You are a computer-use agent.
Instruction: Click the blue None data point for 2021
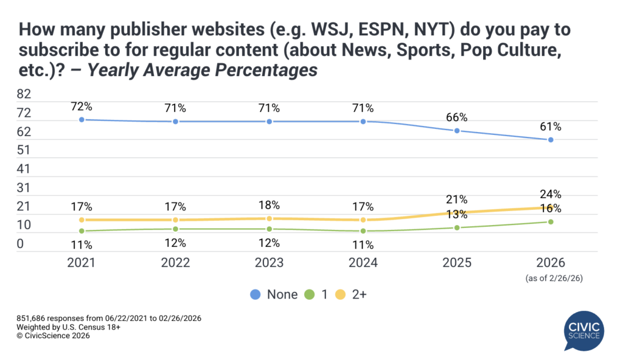coord(81,120)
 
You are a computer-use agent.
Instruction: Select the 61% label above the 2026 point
coord(551,127)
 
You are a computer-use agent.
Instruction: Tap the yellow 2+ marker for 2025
coord(457,212)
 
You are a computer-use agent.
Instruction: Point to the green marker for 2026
coord(551,222)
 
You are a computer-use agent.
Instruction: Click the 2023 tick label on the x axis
coord(269,263)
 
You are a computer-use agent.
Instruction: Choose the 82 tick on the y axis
coord(24,94)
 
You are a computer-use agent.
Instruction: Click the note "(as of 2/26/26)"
coord(551,279)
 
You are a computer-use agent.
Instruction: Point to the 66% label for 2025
coord(457,118)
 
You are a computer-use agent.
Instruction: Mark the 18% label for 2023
coord(269,206)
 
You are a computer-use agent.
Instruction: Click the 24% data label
coord(551,195)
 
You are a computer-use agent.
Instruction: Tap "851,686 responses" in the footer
coord(56,319)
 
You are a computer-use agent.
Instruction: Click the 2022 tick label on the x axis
coord(175,263)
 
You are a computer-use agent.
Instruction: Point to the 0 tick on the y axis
coord(21,244)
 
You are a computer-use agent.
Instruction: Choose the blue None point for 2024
coord(363,122)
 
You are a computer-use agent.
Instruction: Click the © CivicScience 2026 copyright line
coord(50,336)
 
